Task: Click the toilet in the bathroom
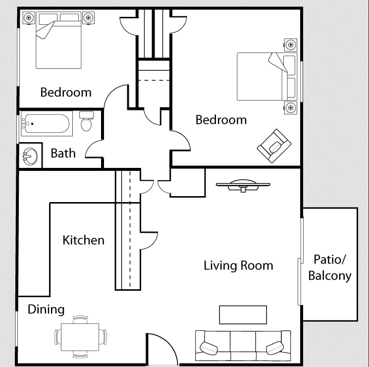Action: pos(86,121)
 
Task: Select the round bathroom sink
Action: pos(30,156)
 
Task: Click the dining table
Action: pos(80,337)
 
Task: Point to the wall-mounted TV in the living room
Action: pos(243,185)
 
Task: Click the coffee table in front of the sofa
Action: pos(243,315)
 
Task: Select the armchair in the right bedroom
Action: pos(274,146)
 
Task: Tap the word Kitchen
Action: pos(84,240)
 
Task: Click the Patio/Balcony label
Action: pos(330,267)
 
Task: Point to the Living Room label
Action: pos(238,265)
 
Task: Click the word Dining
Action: pos(46,309)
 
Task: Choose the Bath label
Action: pos(63,153)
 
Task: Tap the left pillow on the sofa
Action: pos(209,348)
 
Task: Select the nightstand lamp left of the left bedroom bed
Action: pos(29,18)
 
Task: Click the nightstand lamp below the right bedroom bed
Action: pos(291,108)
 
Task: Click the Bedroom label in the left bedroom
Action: pos(66,92)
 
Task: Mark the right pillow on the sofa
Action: pos(275,348)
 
